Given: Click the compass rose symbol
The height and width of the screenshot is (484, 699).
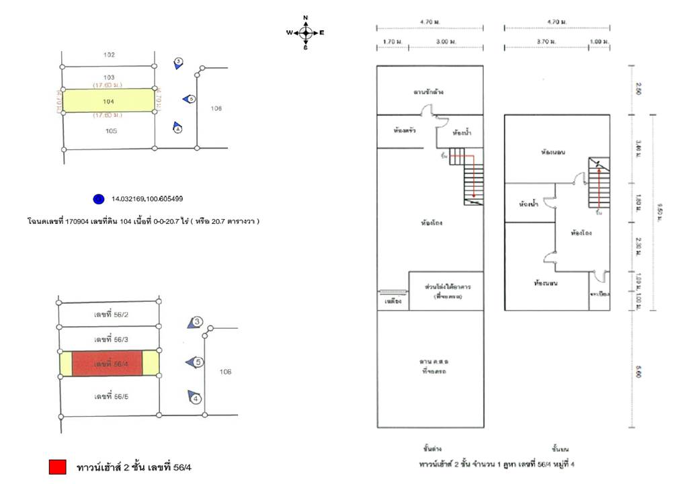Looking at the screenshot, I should click(x=305, y=32).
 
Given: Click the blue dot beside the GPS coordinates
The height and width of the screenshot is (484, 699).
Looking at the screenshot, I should click(x=99, y=199).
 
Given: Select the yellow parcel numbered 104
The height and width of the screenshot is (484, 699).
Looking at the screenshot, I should click(x=108, y=101).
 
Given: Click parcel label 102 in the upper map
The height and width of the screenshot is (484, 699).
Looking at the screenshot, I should click(x=110, y=55).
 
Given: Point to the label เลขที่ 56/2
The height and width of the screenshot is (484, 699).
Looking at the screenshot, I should click(x=111, y=314).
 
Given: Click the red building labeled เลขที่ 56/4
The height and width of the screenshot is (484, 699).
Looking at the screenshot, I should click(x=108, y=363).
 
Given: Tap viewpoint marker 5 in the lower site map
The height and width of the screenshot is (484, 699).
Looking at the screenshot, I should click(x=196, y=363).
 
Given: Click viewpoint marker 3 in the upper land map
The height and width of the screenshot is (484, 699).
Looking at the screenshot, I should click(x=178, y=63).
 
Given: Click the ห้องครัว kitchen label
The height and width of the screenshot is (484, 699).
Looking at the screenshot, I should click(x=405, y=130).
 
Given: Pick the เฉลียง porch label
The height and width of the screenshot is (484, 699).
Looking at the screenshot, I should click(x=393, y=302).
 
